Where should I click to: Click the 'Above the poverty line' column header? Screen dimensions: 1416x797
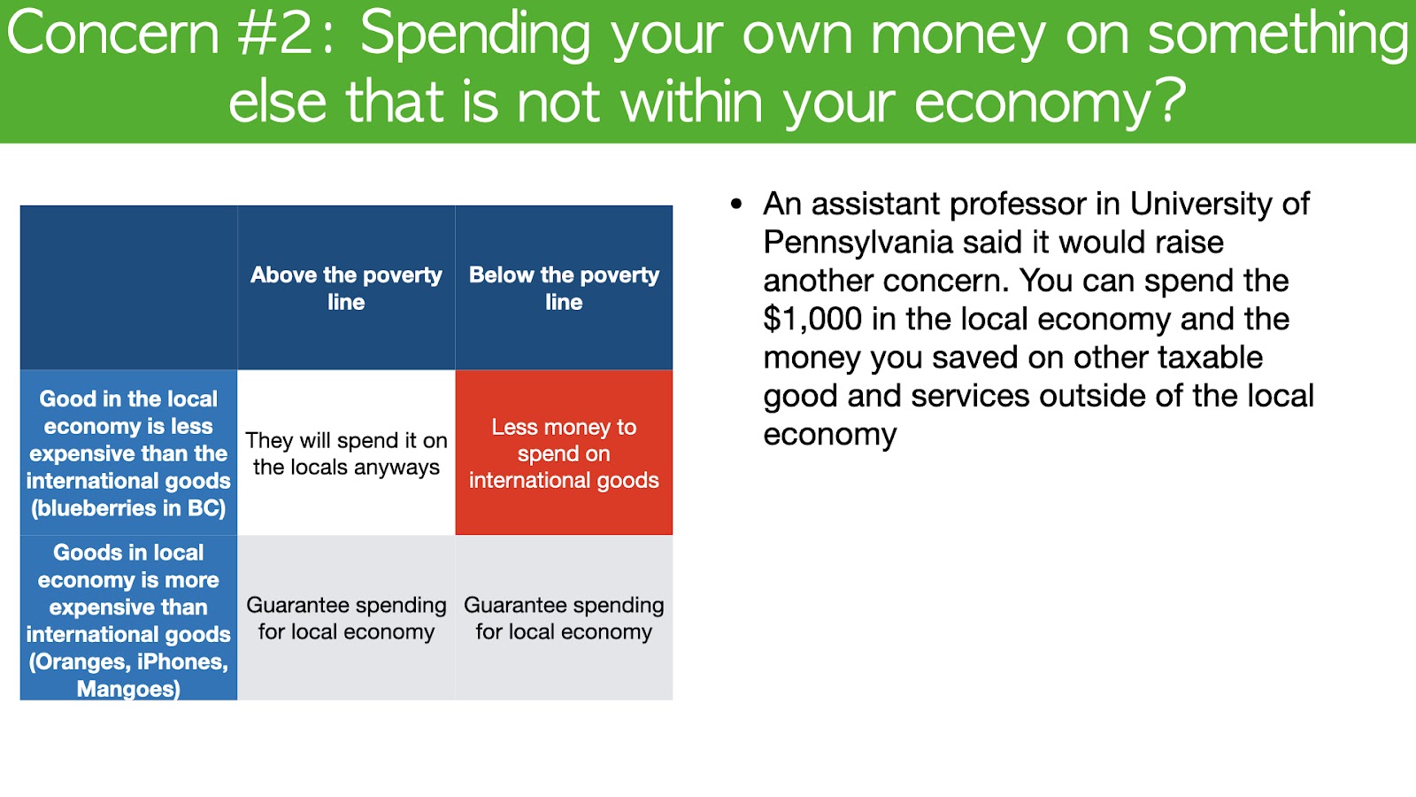(x=346, y=288)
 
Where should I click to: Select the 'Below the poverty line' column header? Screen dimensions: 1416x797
(x=564, y=288)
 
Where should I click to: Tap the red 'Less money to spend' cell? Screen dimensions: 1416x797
(x=564, y=453)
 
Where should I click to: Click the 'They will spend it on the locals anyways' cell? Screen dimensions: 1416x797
(x=346, y=453)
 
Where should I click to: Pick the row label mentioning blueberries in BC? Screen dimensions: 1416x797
(x=128, y=453)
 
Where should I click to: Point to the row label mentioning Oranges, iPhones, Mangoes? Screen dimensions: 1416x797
(x=128, y=618)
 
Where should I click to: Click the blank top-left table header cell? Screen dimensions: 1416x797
(x=128, y=288)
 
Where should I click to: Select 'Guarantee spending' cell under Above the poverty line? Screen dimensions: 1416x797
(x=346, y=618)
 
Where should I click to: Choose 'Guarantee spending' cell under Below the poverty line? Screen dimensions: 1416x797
(x=564, y=618)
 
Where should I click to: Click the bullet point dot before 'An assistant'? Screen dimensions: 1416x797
(x=735, y=205)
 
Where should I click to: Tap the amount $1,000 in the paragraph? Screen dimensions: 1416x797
(x=812, y=320)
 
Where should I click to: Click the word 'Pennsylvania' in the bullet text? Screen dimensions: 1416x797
(x=858, y=243)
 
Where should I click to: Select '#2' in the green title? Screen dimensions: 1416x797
(x=275, y=34)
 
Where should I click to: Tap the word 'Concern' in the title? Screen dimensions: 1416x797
(x=112, y=34)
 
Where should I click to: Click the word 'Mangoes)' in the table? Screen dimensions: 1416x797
(x=128, y=689)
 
